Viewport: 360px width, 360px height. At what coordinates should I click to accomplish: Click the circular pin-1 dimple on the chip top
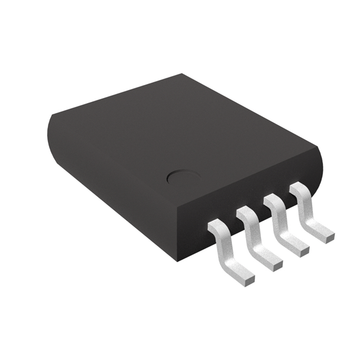click(x=181, y=178)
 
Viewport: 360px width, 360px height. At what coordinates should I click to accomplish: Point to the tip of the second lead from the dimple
click(x=275, y=263)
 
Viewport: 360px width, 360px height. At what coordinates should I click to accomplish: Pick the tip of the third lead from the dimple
click(x=303, y=247)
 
